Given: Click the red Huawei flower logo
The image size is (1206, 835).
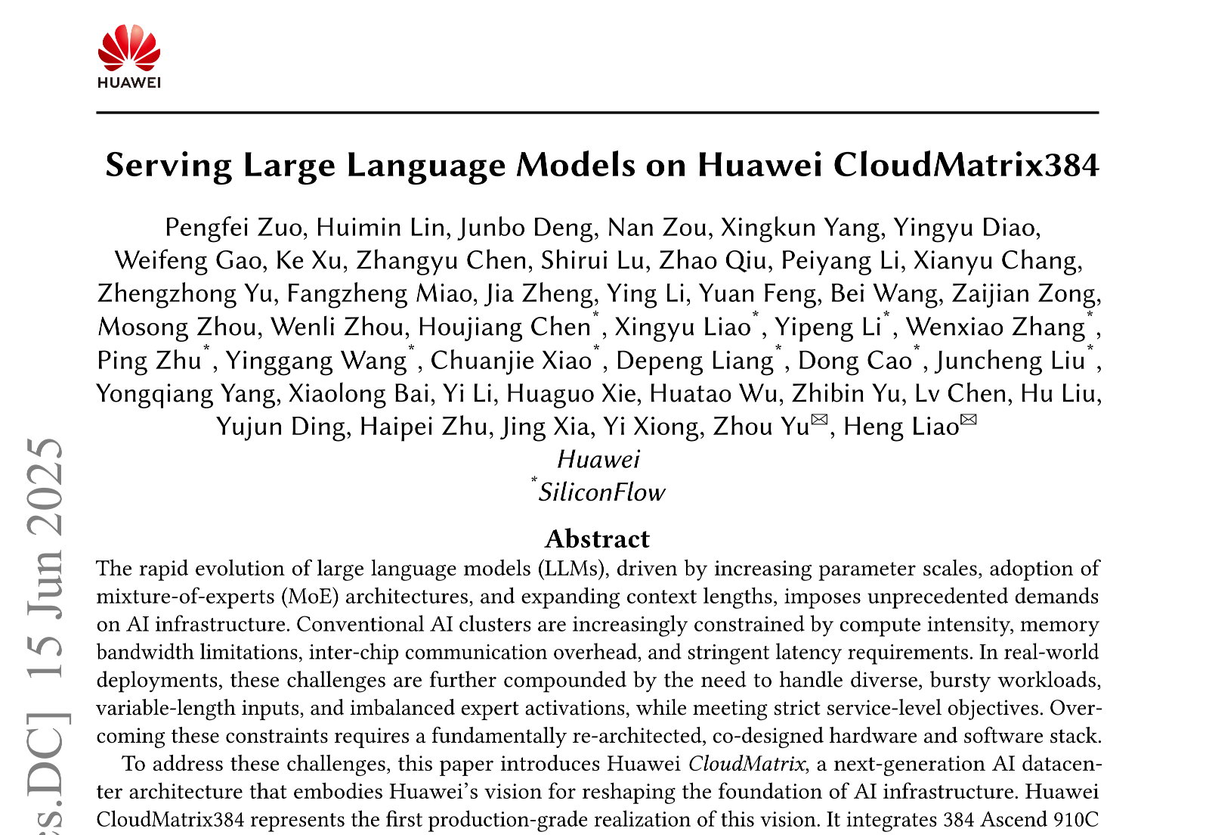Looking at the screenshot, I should (129, 47).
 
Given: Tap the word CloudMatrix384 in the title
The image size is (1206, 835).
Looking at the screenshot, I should (966, 165).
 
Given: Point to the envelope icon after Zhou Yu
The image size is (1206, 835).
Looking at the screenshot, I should (819, 421).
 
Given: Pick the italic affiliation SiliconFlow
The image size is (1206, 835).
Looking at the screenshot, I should (601, 492).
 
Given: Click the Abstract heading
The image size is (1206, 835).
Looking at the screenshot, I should (597, 539).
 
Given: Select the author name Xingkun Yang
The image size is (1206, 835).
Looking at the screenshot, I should (801, 228).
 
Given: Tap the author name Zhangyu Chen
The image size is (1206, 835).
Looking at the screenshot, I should (442, 261).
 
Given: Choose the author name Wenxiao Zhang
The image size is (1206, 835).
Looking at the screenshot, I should (995, 327).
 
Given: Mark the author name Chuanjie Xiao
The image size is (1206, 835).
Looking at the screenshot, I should (511, 361).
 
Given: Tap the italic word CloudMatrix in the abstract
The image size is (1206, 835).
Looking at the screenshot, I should (746, 764).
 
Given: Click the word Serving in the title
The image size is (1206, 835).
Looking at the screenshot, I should (169, 165).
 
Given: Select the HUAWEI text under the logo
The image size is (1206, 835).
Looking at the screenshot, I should (129, 82).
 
